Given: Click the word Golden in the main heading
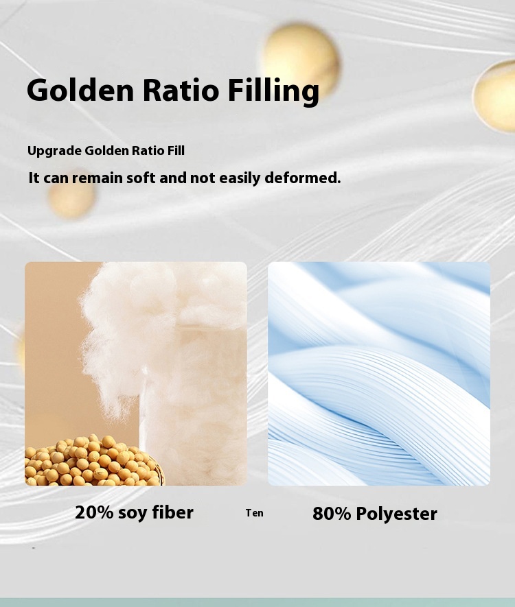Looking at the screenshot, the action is click(x=80, y=91).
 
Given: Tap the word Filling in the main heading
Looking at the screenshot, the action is click(x=273, y=91).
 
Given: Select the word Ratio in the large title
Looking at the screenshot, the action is click(x=181, y=91).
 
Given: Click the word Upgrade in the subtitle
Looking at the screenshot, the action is click(x=55, y=151).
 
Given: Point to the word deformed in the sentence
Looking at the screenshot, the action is click(x=303, y=178).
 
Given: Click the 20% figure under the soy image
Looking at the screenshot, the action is click(x=94, y=512).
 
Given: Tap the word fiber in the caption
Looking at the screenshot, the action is click(x=172, y=512).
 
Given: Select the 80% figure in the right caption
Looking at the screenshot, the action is click(x=332, y=514).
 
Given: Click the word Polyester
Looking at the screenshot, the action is click(x=396, y=514).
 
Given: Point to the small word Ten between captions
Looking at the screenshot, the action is click(x=254, y=513).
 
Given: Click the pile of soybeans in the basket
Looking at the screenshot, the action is click(x=93, y=462).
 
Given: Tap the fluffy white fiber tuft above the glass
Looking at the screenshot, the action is click(x=128, y=333).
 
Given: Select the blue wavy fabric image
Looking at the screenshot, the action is click(x=379, y=374).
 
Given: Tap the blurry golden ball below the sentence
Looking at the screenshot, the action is click(x=71, y=195).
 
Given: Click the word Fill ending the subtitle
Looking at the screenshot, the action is click(x=176, y=150).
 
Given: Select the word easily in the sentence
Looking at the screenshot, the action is click(x=240, y=178).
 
